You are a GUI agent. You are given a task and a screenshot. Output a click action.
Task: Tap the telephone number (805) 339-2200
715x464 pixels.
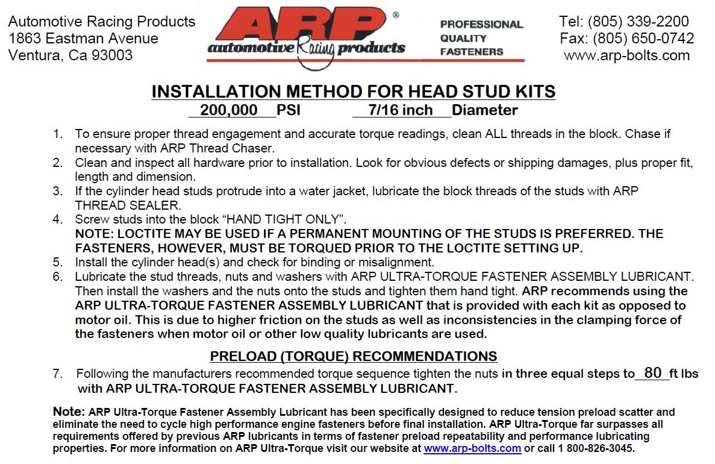pos(639,22)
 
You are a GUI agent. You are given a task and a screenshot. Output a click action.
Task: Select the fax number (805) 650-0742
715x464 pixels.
pos(643,39)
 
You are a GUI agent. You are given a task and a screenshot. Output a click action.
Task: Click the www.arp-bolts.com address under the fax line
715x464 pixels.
pos(626,56)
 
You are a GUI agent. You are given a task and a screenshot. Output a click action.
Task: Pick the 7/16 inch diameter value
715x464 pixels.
pos(401,111)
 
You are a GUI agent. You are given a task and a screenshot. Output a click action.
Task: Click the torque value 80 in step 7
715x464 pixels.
pos(652,373)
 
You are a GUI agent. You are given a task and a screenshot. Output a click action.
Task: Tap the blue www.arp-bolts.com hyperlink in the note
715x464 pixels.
pos(472,449)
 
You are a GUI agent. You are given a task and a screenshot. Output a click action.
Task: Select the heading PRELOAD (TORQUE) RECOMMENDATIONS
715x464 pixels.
pos(354,356)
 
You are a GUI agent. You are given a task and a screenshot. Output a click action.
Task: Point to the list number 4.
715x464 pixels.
pos(57,219)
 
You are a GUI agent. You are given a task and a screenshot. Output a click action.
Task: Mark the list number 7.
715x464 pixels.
pos(57,374)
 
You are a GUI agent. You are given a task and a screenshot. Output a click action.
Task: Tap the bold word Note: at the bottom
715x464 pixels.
pos(69,412)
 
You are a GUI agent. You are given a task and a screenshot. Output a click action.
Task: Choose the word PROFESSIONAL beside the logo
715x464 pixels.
pos(481,25)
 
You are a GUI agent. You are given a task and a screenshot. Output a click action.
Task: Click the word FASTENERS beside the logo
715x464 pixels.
pos(471,52)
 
